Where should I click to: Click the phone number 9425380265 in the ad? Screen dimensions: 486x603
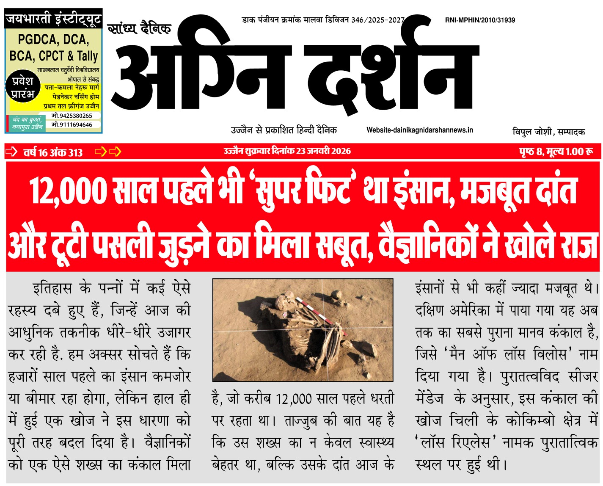click(x=72, y=116)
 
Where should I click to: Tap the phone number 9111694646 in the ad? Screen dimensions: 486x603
click(x=72, y=125)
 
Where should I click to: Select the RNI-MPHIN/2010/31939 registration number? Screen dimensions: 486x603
click(x=480, y=20)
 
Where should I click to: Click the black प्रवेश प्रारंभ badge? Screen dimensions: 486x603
click(x=23, y=88)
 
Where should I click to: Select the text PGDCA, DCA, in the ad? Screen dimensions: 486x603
click(x=53, y=40)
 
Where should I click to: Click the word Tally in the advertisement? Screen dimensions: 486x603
click(x=87, y=56)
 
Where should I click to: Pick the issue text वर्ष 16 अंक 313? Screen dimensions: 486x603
click(x=53, y=152)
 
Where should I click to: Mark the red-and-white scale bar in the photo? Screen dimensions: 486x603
click(x=322, y=315)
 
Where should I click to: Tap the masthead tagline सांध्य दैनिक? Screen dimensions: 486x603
click(x=139, y=29)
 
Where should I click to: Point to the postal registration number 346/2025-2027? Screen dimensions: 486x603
click(x=378, y=20)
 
